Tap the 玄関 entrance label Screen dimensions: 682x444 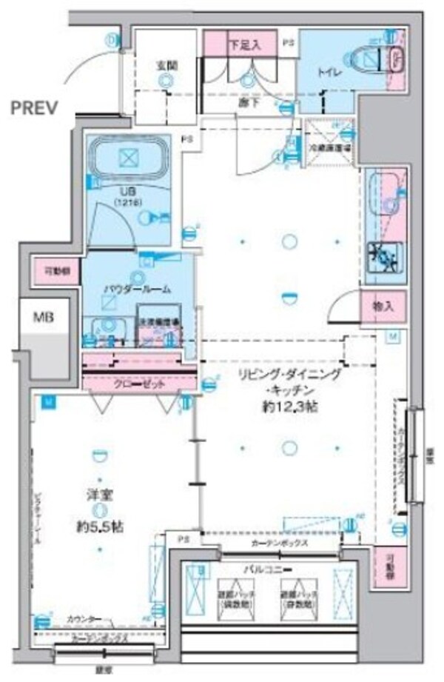pyautogui.click(x=165, y=64)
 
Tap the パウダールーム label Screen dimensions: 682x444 pyautogui.click(x=139, y=288)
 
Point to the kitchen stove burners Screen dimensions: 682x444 pyautogui.click(x=385, y=257)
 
